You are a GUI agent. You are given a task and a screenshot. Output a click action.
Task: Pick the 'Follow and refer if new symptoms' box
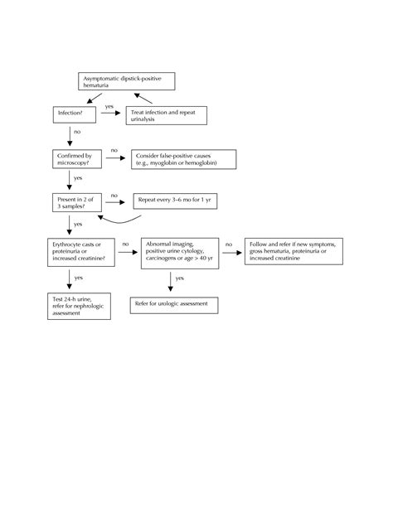click(x=294, y=252)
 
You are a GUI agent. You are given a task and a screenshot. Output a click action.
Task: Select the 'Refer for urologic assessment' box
click(x=174, y=305)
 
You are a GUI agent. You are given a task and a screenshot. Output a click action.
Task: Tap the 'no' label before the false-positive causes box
click(x=114, y=150)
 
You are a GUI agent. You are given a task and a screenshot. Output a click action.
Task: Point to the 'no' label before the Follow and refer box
click(x=229, y=244)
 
